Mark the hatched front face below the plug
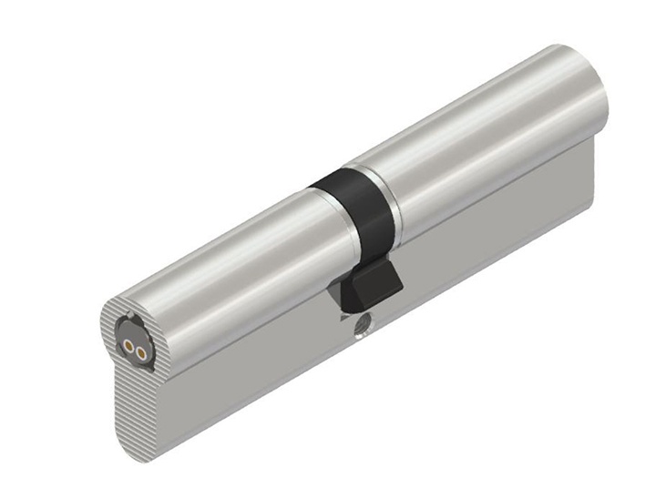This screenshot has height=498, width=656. tap(137, 401)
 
